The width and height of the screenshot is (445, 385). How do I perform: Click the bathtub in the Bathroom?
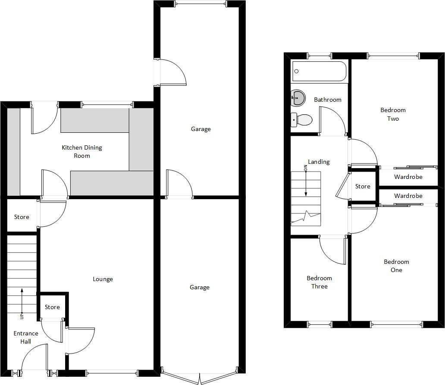point(319,71)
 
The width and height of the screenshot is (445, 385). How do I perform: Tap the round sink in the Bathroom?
point(297,98)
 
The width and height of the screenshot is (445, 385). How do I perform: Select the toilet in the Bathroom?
point(302,119)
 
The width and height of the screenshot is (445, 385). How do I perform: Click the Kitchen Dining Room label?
point(81,151)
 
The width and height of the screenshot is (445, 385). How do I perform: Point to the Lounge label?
point(103,279)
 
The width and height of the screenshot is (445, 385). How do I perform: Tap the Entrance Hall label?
point(26,337)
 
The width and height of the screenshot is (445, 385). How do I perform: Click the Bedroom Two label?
point(393,114)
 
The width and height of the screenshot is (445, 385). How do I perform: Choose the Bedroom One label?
point(396,266)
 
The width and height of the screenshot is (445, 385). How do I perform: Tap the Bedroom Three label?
point(320,282)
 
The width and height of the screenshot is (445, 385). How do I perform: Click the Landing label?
point(319,162)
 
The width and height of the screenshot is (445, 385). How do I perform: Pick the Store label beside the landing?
point(363,186)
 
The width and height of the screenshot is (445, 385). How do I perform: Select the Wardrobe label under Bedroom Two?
point(408,177)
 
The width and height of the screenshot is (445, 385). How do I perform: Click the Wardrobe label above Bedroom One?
point(408,196)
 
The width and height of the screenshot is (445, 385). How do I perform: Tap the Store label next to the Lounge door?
point(52,307)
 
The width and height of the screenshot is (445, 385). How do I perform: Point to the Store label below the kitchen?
point(22,217)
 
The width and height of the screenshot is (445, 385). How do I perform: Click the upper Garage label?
point(201,129)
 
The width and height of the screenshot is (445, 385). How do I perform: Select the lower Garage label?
point(199,287)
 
